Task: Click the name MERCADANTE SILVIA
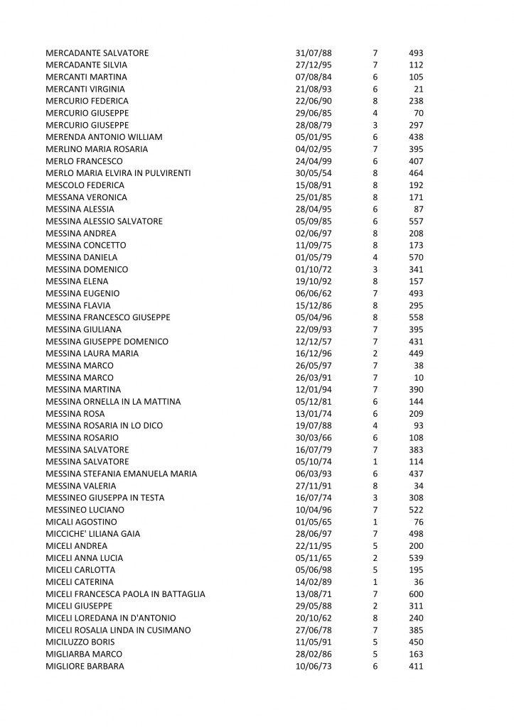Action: pyautogui.click(x=82, y=65)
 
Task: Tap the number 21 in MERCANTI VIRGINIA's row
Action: pyautogui.click(x=418, y=89)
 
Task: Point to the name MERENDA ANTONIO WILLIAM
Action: pyautogui.click(x=104, y=137)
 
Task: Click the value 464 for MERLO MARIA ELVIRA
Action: pyautogui.click(x=416, y=173)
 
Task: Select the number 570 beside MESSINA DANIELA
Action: pyautogui.click(x=416, y=257)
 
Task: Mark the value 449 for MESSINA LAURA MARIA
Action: pyautogui.click(x=416, y=354)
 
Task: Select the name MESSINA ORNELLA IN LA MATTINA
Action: pyautogui.click(x=113, y=402)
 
